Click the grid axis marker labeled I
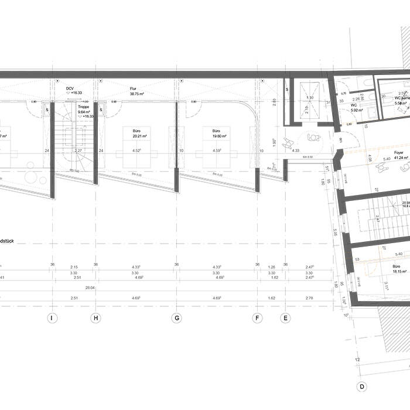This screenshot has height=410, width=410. [52, 318]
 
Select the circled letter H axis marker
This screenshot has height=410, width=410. [95, 318]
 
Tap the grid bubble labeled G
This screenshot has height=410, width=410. [176, 318]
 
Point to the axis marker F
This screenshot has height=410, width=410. [257, 318]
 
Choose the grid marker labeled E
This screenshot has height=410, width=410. [285, 318]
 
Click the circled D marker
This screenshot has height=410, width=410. [362, 386]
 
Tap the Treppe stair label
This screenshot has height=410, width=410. [84, 108]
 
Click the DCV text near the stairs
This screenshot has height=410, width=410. [70, 88]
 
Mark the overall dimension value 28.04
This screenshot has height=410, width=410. [90, 288]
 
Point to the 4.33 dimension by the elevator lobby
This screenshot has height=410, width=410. [296, 151]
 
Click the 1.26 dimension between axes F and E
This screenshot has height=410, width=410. [271, 266]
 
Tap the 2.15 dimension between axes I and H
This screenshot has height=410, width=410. [74, 266]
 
